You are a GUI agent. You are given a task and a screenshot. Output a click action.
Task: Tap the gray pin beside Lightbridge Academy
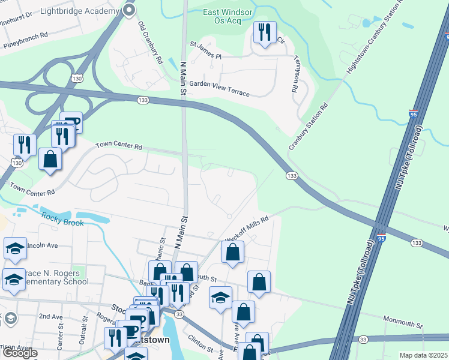click(129, 10)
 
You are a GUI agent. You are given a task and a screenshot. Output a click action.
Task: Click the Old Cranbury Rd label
click(151, 44)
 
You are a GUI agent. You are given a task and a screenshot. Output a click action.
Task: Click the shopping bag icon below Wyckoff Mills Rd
click(232, 252)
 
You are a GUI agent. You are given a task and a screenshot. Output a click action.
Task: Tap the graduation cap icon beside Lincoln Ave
click(14, 249)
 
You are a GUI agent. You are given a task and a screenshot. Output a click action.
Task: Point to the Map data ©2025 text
click(423, 355)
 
